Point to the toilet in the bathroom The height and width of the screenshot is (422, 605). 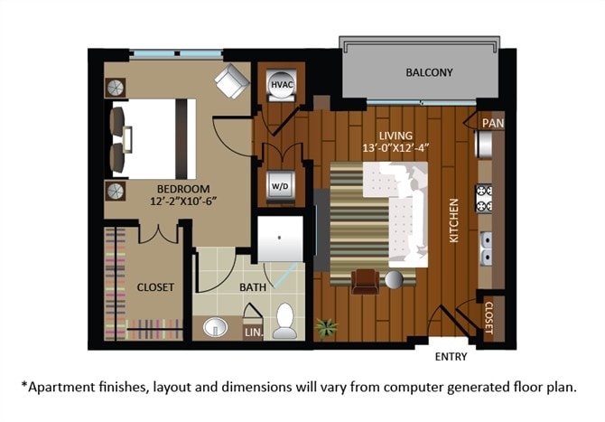[285, 320]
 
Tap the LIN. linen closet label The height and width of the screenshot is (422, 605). [254, 333]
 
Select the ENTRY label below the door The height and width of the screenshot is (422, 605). [451, 357]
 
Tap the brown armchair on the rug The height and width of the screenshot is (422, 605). [365, 281]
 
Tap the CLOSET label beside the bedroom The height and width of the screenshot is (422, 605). [155, 287]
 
